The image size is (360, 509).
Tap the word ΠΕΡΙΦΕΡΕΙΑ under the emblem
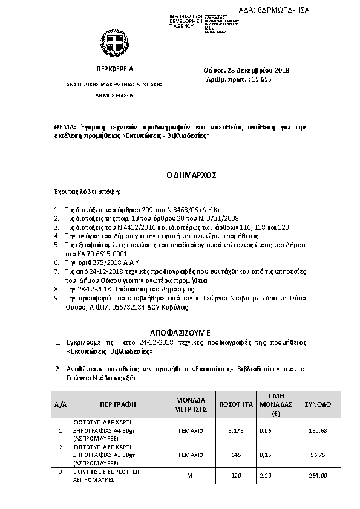pos(114,70)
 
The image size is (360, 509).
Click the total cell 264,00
pos(318,475)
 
